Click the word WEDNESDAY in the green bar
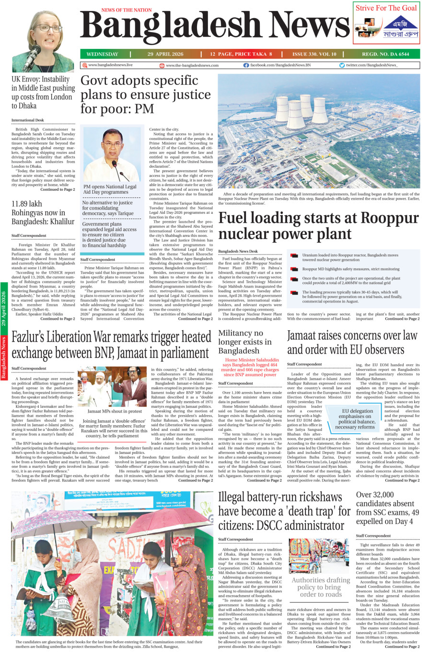pyautogui.click(x=102, y=54)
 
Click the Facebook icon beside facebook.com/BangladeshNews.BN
pyautogui.click(x=246, y=65)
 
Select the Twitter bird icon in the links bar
pyautogui.click(x=342, y=65)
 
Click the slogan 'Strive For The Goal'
pyautogui.click(x=386, y=8)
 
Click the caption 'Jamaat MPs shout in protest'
pyautogui.click(x=115, y=411)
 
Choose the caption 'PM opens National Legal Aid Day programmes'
pyautogui.click(x=110, y=189)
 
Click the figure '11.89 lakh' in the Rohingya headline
pyautogui.click(x=27, y=204)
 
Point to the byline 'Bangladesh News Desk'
pyautogui.click(x=238, y=251)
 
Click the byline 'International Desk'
pyautogui.click(x=27, y=120)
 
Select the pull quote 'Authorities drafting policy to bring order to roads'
pyautogui.click(x=321, y=587)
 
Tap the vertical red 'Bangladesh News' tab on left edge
pyautogui.click(x=4, y=358)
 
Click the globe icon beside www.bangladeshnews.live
pyautogui.click(x=84, y=65)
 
